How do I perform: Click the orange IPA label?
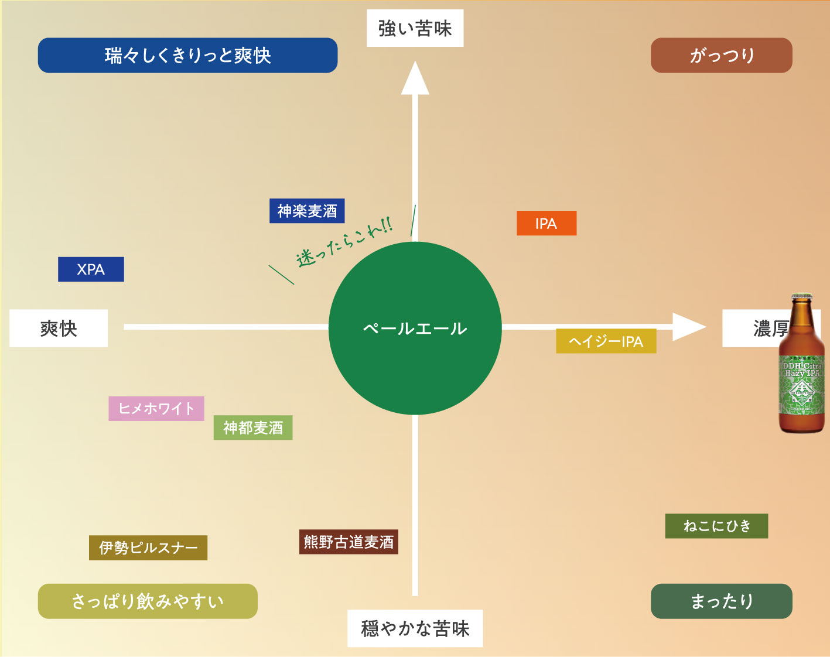pyautogui.click(x=546, y=223)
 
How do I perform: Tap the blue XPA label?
pyautogui.click(x=91, y=269)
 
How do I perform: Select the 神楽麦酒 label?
pyautogui.click(x=307, y=211)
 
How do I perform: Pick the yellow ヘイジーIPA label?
pyautogui.click(x=606, y=341)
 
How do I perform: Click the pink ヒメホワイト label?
pyautogui.click(x=156, y=408)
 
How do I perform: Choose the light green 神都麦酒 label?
pyautogui.click(x=253, y=427)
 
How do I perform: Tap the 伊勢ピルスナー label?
pyautogui.click(x=148, y=547)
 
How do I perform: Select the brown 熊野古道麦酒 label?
pyautogui.click(x=349, y=542)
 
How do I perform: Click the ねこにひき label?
pyautogui.click(x=716, y=526)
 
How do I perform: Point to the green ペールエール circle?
pyautogui.click(x=415, y=328)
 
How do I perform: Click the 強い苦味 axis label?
pyautogui.click(x=415, y=28)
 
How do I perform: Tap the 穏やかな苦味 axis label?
pyautogui.click(x=415, y=628)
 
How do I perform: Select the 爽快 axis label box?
pyautogui.click(x=59, y=328)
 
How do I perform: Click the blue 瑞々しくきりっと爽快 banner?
pyautogui.click(x=188, y=55)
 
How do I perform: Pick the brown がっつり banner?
pyautogui.click(x=722, y=55)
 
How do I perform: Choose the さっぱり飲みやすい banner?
pyautogui.click(x=148, y=601)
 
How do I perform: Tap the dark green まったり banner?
pyautogui.click(x=722, y=601)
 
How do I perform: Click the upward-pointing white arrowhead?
pyautogui.click(x=415, y=79)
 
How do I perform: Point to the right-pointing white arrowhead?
pyautogui.click(x=688, y=327)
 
